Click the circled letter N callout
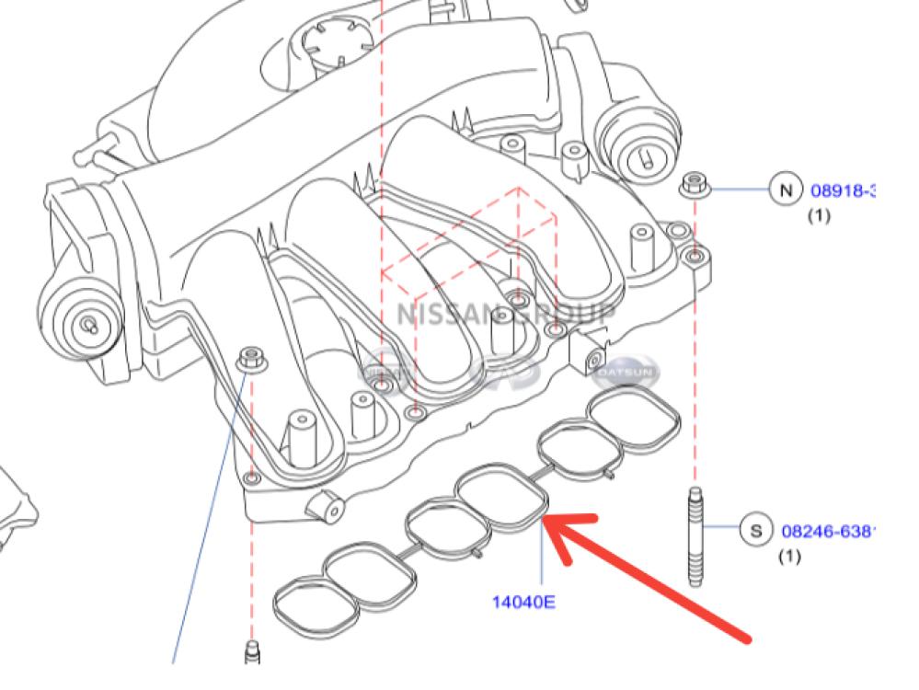(785, 190)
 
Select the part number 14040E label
(523, 604)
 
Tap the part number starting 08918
(842, 191)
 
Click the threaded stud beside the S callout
(695, 537)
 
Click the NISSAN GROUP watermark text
(506, 314)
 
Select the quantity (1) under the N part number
(819, 216)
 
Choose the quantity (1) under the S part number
(789, 557)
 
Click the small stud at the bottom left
(251, 653)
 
